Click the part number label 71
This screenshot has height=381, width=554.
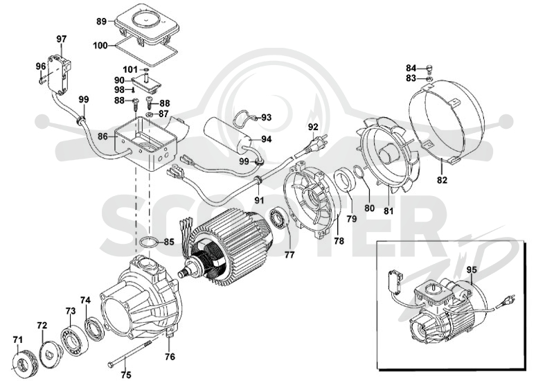pos(18,339)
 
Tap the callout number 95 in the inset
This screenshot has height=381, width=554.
pos(472,269)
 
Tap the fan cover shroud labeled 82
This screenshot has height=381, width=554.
pos(447,123)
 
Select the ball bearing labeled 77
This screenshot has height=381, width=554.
pos(280,219)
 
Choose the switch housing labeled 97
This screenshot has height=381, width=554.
pos(59,73)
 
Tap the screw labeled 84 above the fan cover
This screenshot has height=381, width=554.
pos(429,67)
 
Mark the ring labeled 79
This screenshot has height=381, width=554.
pos(343,179)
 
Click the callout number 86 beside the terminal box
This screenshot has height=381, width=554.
pos(102,135)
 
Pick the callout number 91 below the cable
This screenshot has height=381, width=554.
pos(259,200)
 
